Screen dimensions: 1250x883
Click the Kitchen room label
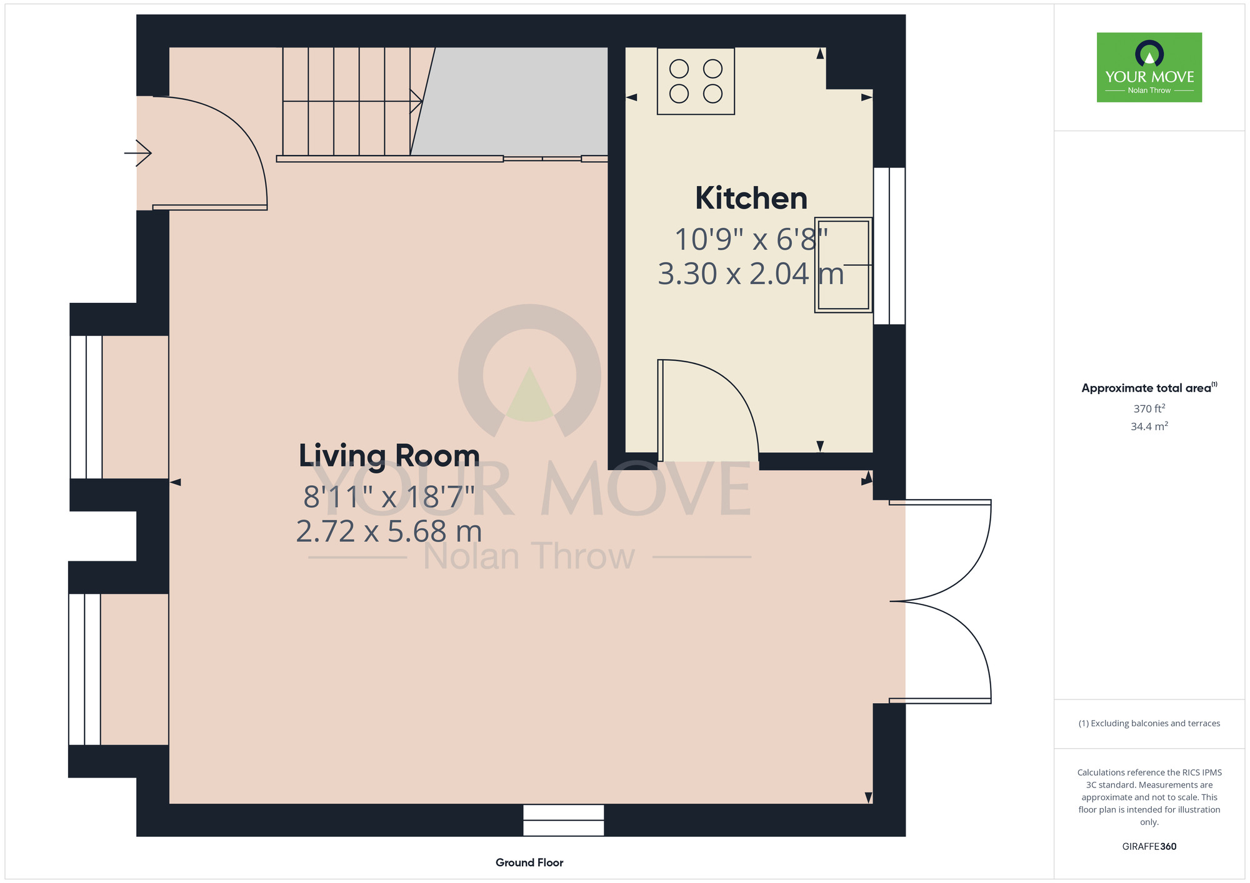tap(751, 199)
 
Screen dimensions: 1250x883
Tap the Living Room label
tap(389, 456)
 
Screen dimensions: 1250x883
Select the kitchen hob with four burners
tap(696, 81)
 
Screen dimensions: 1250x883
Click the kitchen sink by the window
tap(843, 265)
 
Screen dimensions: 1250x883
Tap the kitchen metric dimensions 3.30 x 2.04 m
tap(751, 274)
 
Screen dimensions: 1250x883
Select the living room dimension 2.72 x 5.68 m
tap(389, 531)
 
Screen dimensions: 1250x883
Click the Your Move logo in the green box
tap(1149, 67)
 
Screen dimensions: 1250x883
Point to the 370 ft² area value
tap(1149, 408)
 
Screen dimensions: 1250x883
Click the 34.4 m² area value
tap(1149, 427)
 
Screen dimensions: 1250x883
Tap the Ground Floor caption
tap(529, 862)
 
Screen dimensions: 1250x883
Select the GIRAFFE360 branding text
tap(1149, 847)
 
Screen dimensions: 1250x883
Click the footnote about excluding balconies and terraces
tap(1149, 723)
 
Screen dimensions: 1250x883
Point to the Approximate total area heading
tap(1149, 388)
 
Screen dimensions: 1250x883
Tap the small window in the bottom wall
tap(564, 820)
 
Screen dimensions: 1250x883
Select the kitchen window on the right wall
tap(889, 246)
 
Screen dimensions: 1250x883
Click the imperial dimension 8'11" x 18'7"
tap(389, 497)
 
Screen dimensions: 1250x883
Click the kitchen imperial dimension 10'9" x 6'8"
tap(751, 239)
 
